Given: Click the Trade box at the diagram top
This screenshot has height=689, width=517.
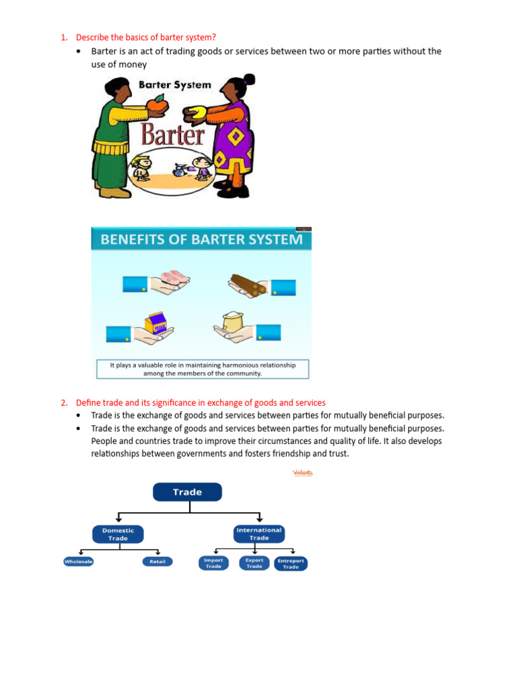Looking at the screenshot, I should (x=187, y=492).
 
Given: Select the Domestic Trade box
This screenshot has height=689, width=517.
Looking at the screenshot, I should (x=118, y=534).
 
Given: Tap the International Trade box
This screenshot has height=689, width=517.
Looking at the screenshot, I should (x=259, y=534).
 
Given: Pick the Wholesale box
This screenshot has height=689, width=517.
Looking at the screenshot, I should (x=78, y=561).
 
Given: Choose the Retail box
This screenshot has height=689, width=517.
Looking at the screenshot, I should (x=158, y=561).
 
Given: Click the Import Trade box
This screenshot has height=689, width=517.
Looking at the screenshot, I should (x=213, y=563).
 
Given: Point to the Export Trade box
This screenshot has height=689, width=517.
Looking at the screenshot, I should (x=254, y=563).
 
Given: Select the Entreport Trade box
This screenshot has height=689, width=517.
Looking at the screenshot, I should (x=291, y=564).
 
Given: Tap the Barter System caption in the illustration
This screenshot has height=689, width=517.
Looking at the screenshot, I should (x=174, y=85).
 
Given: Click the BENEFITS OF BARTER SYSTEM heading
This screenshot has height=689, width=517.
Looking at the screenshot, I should (x=201, y=240).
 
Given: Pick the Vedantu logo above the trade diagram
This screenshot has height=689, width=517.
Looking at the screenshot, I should (x=303, y=473).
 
